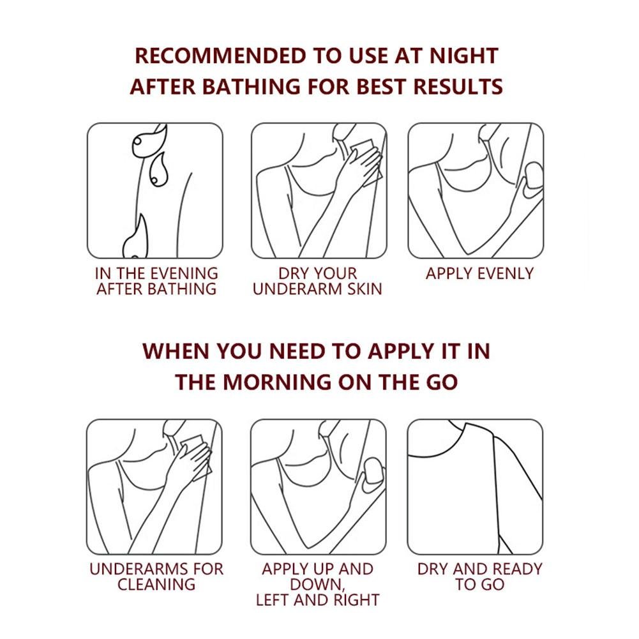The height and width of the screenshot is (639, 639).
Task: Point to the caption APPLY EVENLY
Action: [479, 273]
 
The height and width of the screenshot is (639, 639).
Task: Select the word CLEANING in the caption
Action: [156, 584]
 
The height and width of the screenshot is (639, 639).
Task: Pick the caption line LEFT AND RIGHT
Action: [317, 600]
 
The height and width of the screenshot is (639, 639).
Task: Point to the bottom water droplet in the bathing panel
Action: [136, 237]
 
